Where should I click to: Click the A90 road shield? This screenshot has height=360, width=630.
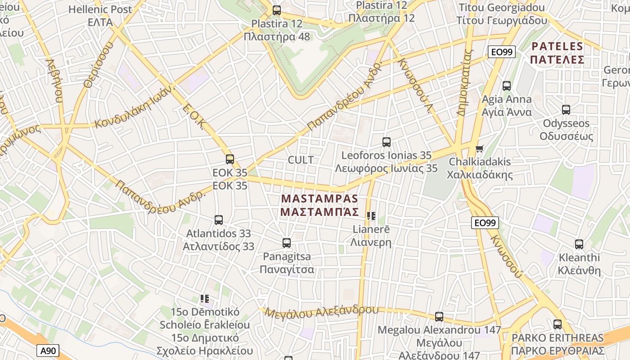(x=47, y=351)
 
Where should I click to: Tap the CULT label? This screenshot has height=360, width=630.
(x=301, y=160)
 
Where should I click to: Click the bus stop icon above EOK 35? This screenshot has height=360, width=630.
(x=230, y=159)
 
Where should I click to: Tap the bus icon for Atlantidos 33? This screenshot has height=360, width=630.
(x=219, y=220)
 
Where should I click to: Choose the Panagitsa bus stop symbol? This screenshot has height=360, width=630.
(x=287, y=243)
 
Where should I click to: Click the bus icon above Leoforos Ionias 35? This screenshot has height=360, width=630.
(x=386, y=142)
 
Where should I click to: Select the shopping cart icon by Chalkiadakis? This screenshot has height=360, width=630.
(x=479, y=148)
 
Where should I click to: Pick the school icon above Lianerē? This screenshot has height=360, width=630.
(x=371, y=216)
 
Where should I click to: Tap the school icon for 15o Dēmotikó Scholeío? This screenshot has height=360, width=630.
(x=205, y=298)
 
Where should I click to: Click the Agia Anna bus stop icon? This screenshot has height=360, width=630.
(x=507, y=85)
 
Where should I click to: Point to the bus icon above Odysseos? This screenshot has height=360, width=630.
(x=566, y=109)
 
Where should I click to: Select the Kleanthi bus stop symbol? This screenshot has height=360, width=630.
(x=579, y=244)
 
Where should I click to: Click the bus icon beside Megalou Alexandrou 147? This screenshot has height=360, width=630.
(x=439, y=316)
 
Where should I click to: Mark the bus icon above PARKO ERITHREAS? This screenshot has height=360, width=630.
(x=558, y=324)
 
